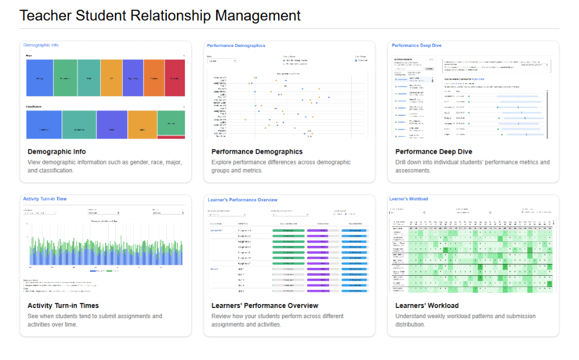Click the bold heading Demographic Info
57,151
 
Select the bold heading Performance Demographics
257,151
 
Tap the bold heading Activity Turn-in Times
64,306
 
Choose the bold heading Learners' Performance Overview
265,306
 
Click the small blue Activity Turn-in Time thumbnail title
45,199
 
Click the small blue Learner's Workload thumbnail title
409,199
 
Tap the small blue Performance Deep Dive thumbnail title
417,45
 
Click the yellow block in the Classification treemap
142,124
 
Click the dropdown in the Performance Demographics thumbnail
222,60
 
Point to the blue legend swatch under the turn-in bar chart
93,271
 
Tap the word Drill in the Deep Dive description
403,162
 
